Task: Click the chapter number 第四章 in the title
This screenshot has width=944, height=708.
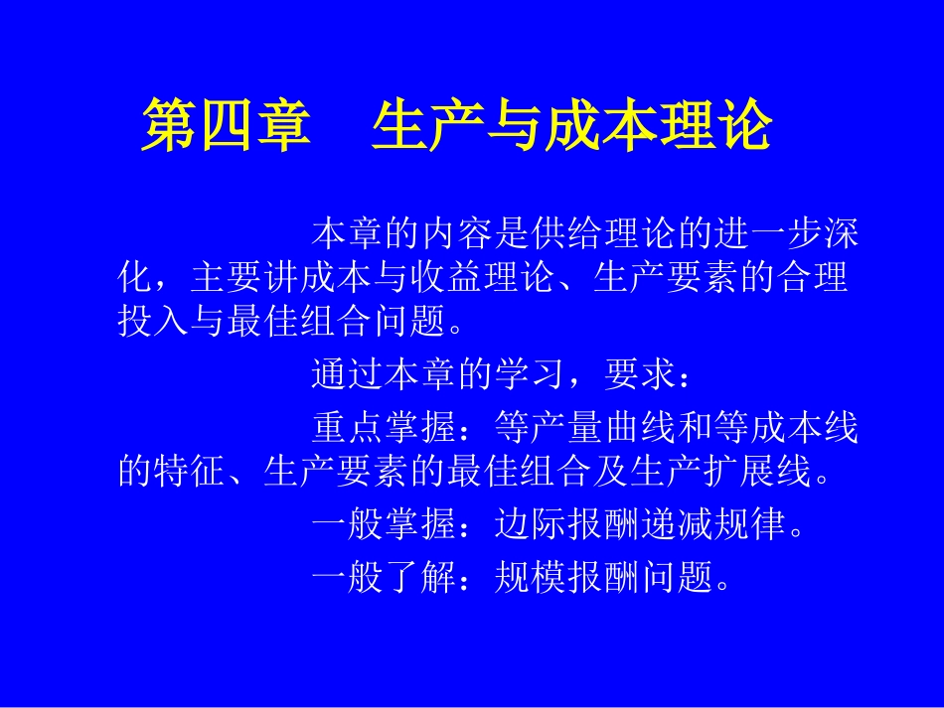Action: [x=225, y=128]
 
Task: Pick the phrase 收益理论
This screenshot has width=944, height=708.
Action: [x=483, y=277]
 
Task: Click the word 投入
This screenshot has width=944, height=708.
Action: [x=154, y=320]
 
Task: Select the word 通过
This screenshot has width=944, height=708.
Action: [x=348, y=378]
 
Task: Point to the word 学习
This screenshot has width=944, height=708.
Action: [x=530, y=378]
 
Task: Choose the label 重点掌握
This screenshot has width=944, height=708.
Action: [x=384, y=430]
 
